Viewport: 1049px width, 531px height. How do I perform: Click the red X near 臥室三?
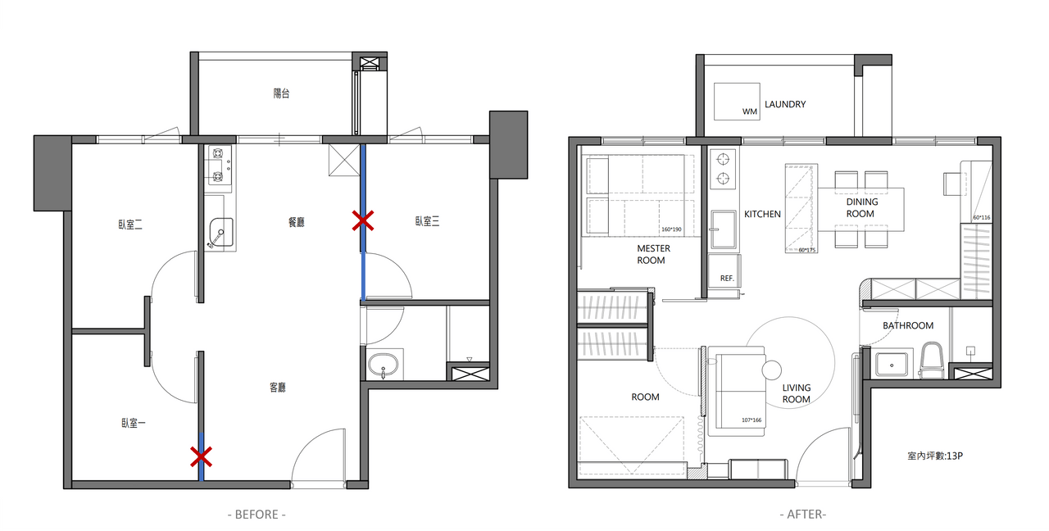363,220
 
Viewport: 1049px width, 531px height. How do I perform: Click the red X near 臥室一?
201,457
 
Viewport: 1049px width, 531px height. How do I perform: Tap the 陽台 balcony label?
281,93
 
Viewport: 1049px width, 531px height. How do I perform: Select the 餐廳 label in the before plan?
297,222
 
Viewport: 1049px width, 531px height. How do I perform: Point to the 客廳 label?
278,388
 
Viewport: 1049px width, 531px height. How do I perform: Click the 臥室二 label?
130,225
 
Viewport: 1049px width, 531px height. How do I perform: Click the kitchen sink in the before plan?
221,232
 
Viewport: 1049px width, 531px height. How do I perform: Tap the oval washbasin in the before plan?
383,365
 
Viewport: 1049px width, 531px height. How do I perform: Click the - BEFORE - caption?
257,515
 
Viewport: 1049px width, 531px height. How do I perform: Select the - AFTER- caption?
802,515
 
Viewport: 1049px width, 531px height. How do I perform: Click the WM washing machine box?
737,102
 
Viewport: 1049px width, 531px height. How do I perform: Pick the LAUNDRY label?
785,104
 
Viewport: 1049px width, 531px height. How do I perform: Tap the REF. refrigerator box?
724,271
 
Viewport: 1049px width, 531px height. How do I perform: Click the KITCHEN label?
762,214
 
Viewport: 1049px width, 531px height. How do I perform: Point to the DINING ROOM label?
861,208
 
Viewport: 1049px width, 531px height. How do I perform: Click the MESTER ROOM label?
653,254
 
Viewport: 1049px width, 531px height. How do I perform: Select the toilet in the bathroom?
931,360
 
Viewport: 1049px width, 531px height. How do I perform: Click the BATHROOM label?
908,325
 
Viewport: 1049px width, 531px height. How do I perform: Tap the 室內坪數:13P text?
935,456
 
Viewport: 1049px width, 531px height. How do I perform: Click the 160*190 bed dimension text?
671,229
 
